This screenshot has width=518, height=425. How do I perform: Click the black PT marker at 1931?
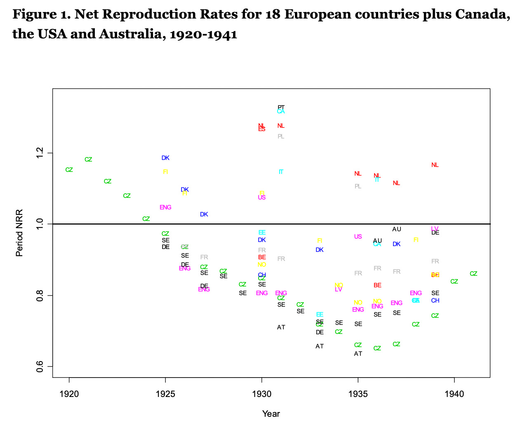[281, 107]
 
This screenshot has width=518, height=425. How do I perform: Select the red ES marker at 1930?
[262, 129]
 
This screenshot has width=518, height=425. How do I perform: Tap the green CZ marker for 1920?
[69, 170]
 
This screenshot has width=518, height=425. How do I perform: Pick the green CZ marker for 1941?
[473, 274]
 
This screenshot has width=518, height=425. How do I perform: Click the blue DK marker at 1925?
[165, 158]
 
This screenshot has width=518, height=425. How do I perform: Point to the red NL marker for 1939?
[435, 165]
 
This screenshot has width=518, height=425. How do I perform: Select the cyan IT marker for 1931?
[281, 172]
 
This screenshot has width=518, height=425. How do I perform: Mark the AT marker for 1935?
[358, 354]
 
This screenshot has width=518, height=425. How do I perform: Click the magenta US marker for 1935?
[358, 237]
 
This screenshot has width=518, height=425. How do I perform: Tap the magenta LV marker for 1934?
[339, 290]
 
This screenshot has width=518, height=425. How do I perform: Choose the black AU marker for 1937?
[396, 229]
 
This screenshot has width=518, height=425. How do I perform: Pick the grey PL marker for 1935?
[358, 186]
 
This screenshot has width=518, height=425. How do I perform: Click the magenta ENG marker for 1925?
[165, 207]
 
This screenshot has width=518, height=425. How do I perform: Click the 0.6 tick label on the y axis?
[40, 366]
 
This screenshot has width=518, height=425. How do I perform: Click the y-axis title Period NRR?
[19, 233]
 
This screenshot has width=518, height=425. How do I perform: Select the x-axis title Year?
[271, 413]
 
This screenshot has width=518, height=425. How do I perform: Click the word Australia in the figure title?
[127, 34]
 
